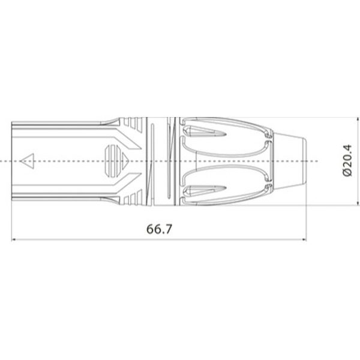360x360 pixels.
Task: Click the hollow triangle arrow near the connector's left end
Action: [27, 161]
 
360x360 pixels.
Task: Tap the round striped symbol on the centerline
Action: [112, 161]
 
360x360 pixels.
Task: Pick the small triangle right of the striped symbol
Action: [128, 161]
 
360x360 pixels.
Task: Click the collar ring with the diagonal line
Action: [170, 161]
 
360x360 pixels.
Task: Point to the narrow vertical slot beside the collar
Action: [155, 161]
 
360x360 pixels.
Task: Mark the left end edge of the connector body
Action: [13, 161]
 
